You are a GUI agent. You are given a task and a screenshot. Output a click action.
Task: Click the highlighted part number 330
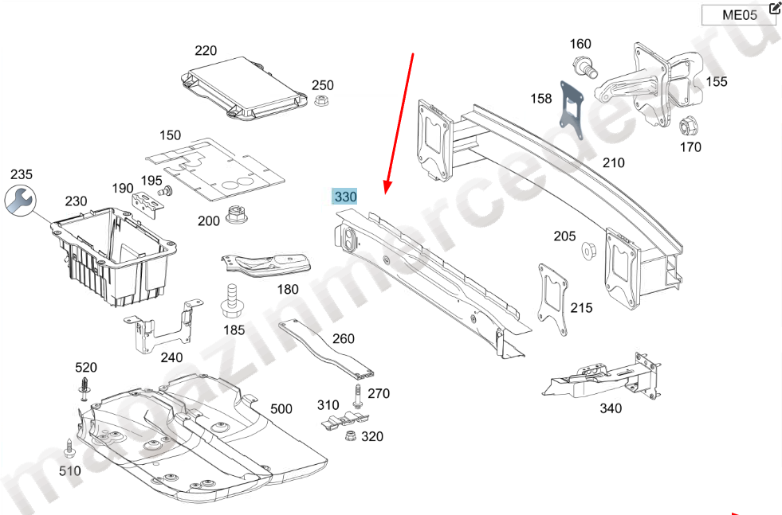click(345, 197)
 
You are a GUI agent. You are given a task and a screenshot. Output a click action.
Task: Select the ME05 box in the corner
click(738, 15)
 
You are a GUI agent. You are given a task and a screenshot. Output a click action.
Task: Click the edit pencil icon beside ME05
click(775, 9)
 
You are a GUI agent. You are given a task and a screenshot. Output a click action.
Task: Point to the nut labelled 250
click(322, 101)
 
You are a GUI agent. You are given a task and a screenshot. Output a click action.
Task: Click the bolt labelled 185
click(232, 298)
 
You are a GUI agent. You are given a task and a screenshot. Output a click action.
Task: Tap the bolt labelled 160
click(584, 67)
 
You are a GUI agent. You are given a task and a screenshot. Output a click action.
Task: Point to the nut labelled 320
click(349, 435)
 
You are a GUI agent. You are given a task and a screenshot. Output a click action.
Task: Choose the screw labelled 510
click(69, 445)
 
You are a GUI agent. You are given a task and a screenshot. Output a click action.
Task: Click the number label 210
click(613, 163)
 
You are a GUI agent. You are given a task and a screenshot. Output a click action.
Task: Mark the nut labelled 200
click(235, 215)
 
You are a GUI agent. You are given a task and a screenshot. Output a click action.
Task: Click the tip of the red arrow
click(385, 194)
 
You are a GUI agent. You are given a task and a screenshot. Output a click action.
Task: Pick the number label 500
click(281, 409)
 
